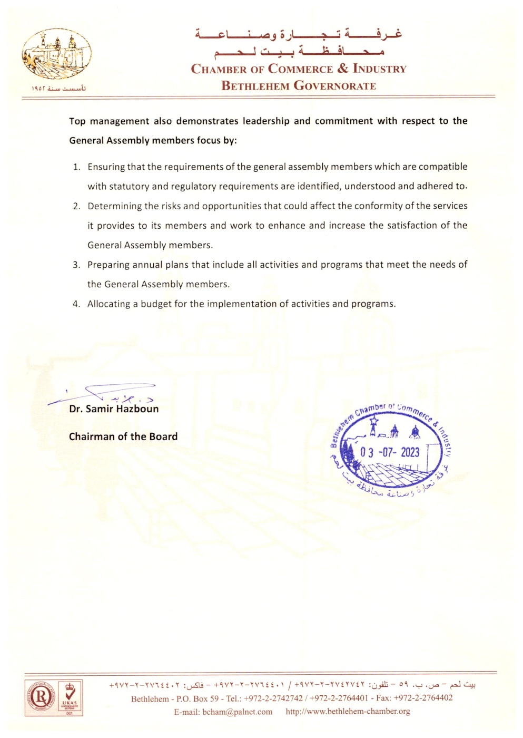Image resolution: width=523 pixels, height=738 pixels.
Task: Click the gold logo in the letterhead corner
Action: pyautogui.click(x=57, y=55)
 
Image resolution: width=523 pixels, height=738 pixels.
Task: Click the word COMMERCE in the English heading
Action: pyautogui.click(x=300, y=69)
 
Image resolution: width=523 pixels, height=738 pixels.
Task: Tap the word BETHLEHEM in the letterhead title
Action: pyautogui.click(x=255, y=86)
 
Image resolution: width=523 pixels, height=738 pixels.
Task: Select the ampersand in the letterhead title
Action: pyautogui.click(x=343, y=69)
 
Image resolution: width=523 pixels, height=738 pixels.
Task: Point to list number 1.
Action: pyautogui.click(x=76, y=167)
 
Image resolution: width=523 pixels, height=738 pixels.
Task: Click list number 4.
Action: pyautogui.click(x=76, y=304)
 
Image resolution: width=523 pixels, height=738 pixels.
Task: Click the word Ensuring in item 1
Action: pyautogui.click(x=106, y=167)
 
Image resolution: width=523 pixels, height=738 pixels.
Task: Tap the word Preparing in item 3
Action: pyautogui.click(x=108, y=265)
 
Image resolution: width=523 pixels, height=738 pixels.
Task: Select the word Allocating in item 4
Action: pyautogui.click(x=109, y=304)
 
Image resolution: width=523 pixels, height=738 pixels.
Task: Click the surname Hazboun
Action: pyautogui.click(x=137, y=409)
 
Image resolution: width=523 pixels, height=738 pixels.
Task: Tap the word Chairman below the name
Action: pyautogui.click(x=92, y=437)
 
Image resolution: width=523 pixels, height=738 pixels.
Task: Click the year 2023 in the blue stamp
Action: pyautogui.click(x=410, y=452)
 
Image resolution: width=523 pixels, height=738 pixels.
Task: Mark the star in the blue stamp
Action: pyautogui.click(x=374, y=422)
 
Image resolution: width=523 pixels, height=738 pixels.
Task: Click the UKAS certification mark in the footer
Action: pyautogui.click(x=70, y=698)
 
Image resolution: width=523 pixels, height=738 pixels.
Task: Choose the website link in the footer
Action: pyautogui.click(x=348, y=712)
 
